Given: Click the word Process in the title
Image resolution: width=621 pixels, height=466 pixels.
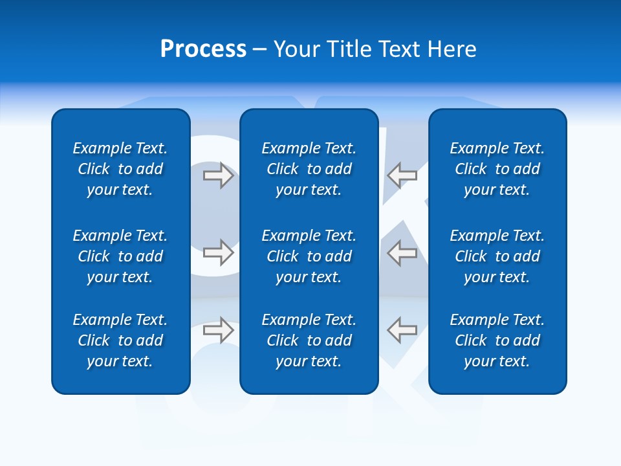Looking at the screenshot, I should pyautogui.click(x=203, y=49).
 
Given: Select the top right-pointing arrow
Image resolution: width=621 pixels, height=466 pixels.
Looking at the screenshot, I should pyautogui.click(x=218, y=175).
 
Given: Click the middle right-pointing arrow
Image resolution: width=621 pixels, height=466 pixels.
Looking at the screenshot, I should pyautogui.click(x=218, y=252).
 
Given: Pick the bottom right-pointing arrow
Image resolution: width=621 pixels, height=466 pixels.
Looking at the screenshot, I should pyautogui.click(x=218, y=330).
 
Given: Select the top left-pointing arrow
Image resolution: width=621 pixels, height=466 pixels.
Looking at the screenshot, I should pyautogui.click(x=402, y=175).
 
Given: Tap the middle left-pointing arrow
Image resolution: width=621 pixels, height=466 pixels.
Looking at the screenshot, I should pyautogui.click(x=402, y=252).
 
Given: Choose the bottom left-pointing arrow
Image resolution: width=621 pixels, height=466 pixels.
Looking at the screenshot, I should pyautogui.click(x=402, y=330).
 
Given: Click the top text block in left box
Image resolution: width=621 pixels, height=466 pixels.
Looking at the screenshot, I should pyautogui.click(x=120, y=169).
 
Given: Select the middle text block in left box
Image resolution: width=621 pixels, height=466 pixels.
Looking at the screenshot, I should pyautogui.click(x=120, y=256).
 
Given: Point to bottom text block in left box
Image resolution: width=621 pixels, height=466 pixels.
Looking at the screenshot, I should pyautogui.click(x=120, y=340).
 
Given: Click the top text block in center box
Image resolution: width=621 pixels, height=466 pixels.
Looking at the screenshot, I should pyautogui.click(x=309, y=169).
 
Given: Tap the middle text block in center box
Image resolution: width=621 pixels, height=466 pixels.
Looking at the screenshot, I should pyautogui.click(x=309, y=256).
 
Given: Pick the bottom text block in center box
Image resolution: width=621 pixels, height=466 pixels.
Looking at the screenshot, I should pyautogui.click(x=309, y=340).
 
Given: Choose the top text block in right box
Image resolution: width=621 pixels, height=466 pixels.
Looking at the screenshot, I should pyautogui.click(x=497, y=169).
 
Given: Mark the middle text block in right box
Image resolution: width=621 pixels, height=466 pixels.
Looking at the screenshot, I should pyautogui.click(x=497, y=256).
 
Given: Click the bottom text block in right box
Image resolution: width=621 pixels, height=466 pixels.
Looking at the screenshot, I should pyautogui.click(x=497, y=340).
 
